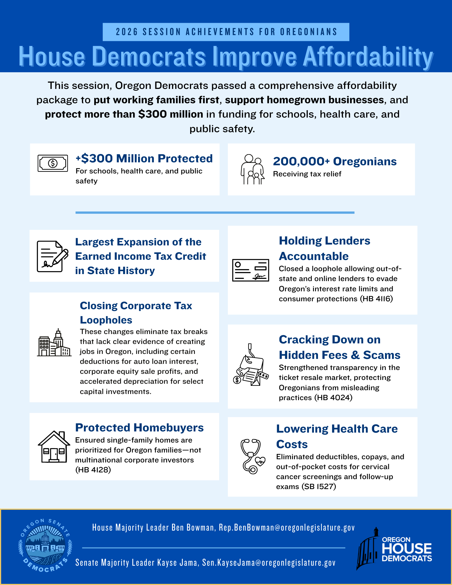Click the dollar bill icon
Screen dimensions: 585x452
pos(53,163)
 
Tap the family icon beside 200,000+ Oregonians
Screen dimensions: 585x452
pos(252,169)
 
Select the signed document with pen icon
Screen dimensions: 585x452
pos(52,256)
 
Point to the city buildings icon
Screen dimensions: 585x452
pos(54,343)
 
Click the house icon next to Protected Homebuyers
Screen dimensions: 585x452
pos(54,447)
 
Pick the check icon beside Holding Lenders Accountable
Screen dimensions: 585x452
pos(250,270)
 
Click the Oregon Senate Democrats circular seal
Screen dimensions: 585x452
pos(45,546)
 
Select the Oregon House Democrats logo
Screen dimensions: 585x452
pos(394,548)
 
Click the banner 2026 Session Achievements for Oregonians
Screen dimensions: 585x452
pos(226,32)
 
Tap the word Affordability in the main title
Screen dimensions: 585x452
pos(367,57)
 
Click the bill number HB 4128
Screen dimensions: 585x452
pos(93,470)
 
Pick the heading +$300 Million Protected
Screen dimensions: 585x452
pos(144,158)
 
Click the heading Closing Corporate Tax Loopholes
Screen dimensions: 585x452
pos(136,313)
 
